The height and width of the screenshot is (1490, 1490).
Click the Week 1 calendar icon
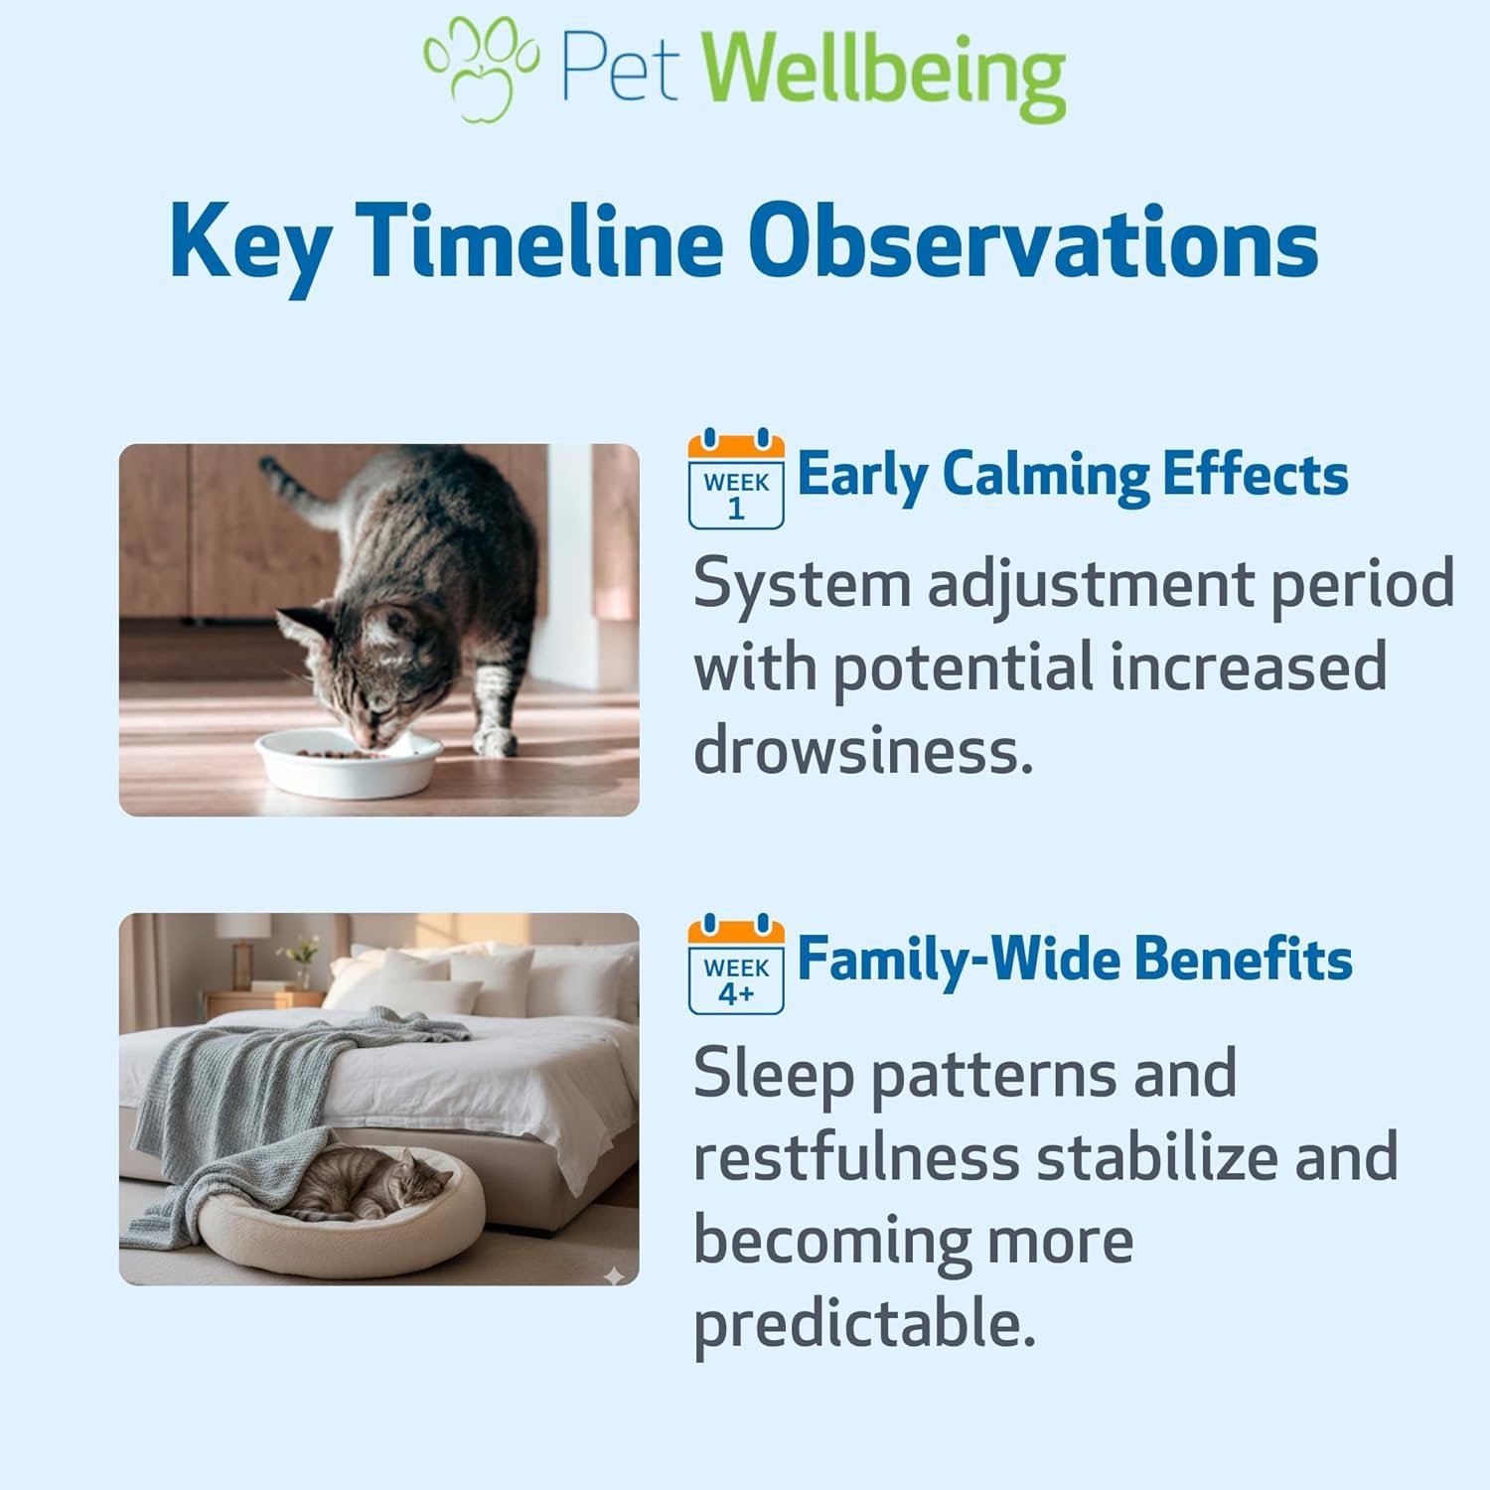tap(736, 479)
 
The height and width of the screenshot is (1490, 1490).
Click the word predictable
tap(864, 1324)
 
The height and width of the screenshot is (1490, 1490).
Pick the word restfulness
tap(856, 1157)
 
